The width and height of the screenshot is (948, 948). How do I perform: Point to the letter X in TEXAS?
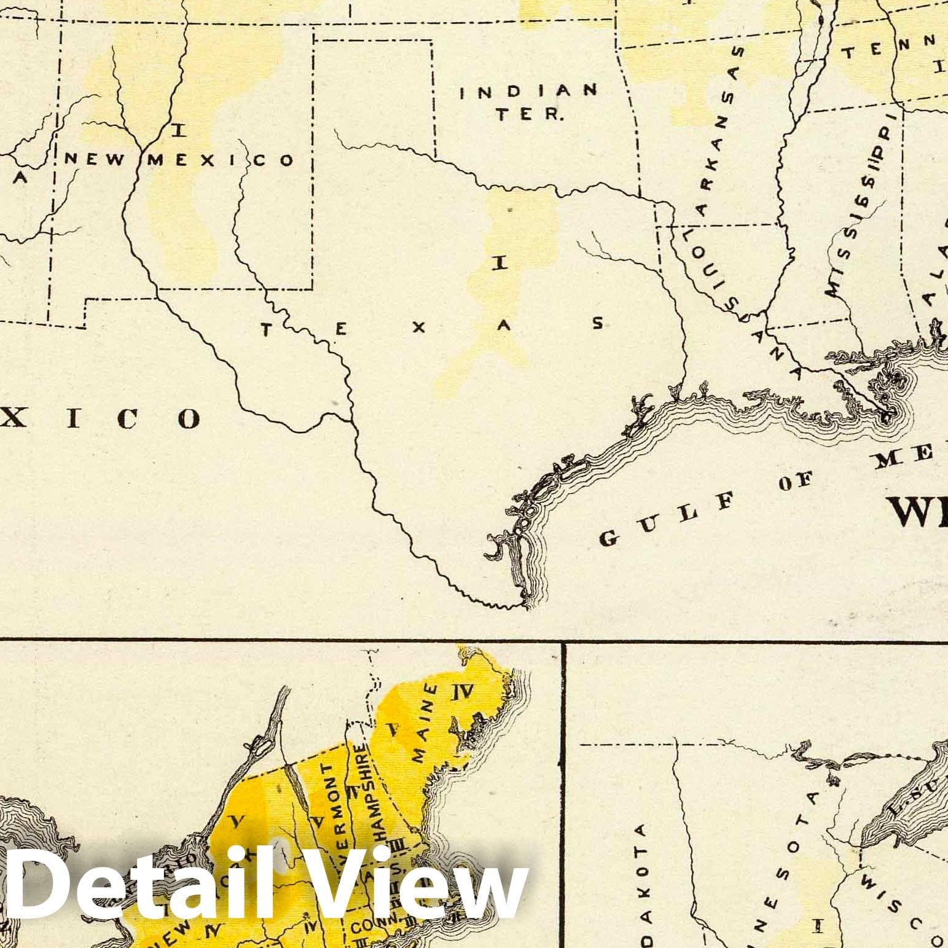(420, 327)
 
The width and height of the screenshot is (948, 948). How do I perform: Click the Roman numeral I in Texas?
(499, 264)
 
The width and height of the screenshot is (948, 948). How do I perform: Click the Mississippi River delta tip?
(886, 415)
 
